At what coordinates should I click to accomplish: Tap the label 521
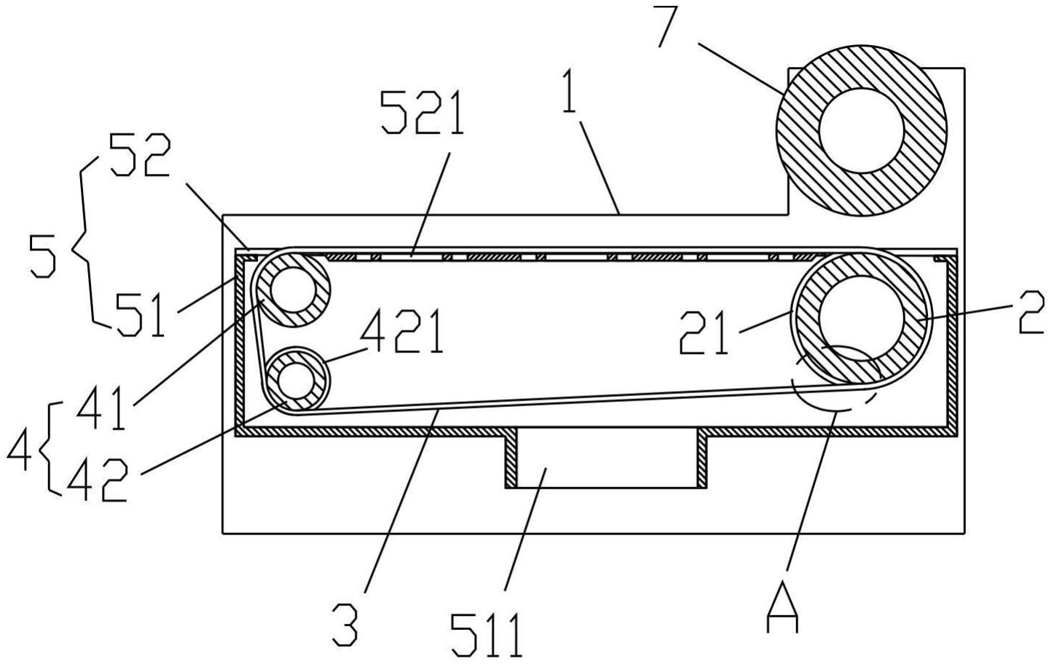(422, 113)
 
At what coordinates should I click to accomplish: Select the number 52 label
(139, 154)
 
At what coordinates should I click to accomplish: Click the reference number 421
(401, 332)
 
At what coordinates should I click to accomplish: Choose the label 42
(98, 479)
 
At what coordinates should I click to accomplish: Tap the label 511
(487, 636)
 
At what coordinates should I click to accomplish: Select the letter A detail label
(782, 606)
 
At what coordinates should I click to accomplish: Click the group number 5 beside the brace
(42, 256)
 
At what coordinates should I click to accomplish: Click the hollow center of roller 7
(862, 130)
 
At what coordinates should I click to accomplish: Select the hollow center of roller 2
(862, 317)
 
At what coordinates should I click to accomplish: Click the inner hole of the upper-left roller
(294, 290)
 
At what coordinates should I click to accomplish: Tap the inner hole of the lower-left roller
(296, 381)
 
